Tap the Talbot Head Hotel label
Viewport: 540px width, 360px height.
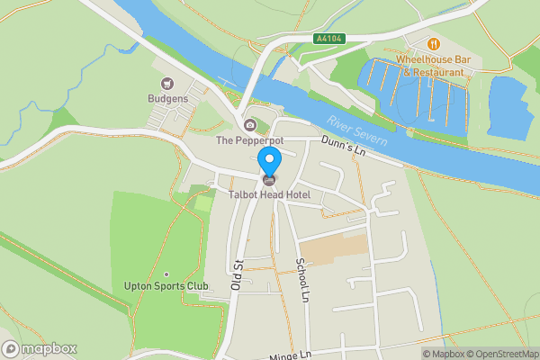tap(269, 193)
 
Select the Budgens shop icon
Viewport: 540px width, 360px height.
tap(166, 84)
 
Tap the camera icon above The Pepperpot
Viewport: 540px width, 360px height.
tap(249, 125)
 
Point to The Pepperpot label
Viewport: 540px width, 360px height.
tap(249, 140)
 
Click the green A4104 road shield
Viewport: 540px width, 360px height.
tap(328, 39)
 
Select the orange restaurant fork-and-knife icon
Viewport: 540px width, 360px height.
tap(433, 43)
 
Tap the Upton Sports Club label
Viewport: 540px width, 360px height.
tap(166, 287)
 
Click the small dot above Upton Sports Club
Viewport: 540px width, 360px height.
tap(166, 274)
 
